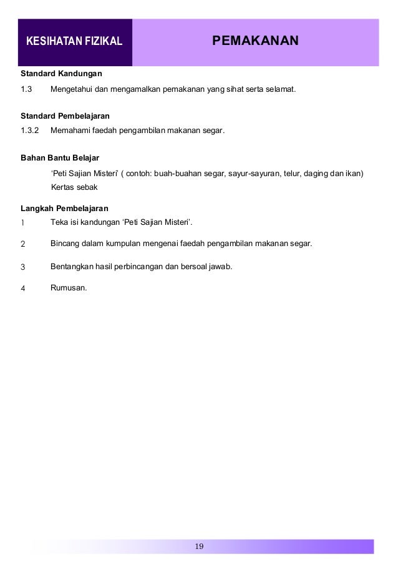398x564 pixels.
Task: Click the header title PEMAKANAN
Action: (x=256, y=41)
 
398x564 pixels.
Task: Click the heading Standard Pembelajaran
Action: (x=65, y=116)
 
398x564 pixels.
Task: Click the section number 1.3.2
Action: (x=30, y=131)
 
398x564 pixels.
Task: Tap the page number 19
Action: (x=199, y=547)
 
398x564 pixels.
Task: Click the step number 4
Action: (x=22, y=289)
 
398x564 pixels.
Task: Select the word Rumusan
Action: (x=69, y=288)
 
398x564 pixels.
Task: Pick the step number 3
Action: (x=22, y=267)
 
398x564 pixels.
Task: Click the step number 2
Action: (x=22, y=244)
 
